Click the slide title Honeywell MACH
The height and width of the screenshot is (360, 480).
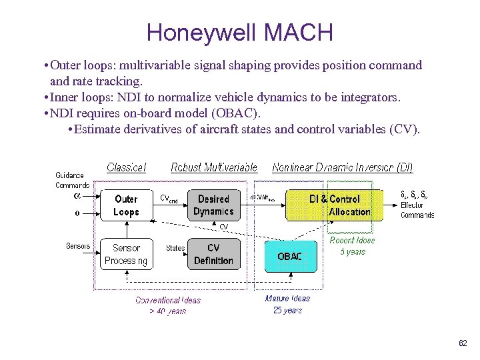tap(239, 31)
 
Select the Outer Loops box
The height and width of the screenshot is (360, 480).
tap(126, 205)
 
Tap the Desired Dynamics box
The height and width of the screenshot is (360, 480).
tap(213, 205)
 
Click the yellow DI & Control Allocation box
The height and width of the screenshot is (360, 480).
tap(335, 205)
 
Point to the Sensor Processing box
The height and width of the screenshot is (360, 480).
tap(126, 254)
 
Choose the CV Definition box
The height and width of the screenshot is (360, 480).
tap(213, 254)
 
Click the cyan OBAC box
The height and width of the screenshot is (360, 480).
tap(289, 256)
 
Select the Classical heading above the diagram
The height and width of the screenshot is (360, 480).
tap(126, 167)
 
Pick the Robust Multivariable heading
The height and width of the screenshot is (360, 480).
tap(213, 167)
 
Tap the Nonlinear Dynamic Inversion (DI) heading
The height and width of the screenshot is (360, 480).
tap(342, 167)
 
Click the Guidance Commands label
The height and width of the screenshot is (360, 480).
tap(72, 180)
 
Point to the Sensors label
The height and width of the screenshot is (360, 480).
tap(77, 246)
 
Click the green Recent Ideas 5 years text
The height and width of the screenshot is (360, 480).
tap(352, 246)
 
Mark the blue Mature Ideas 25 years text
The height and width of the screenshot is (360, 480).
tap(287, 305)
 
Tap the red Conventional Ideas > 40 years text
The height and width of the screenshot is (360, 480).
tap(167, 305)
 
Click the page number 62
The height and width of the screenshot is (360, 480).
tap(463, 343)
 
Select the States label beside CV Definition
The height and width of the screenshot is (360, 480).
tap(175, 248)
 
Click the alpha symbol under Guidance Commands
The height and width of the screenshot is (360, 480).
tap(76, 196)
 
